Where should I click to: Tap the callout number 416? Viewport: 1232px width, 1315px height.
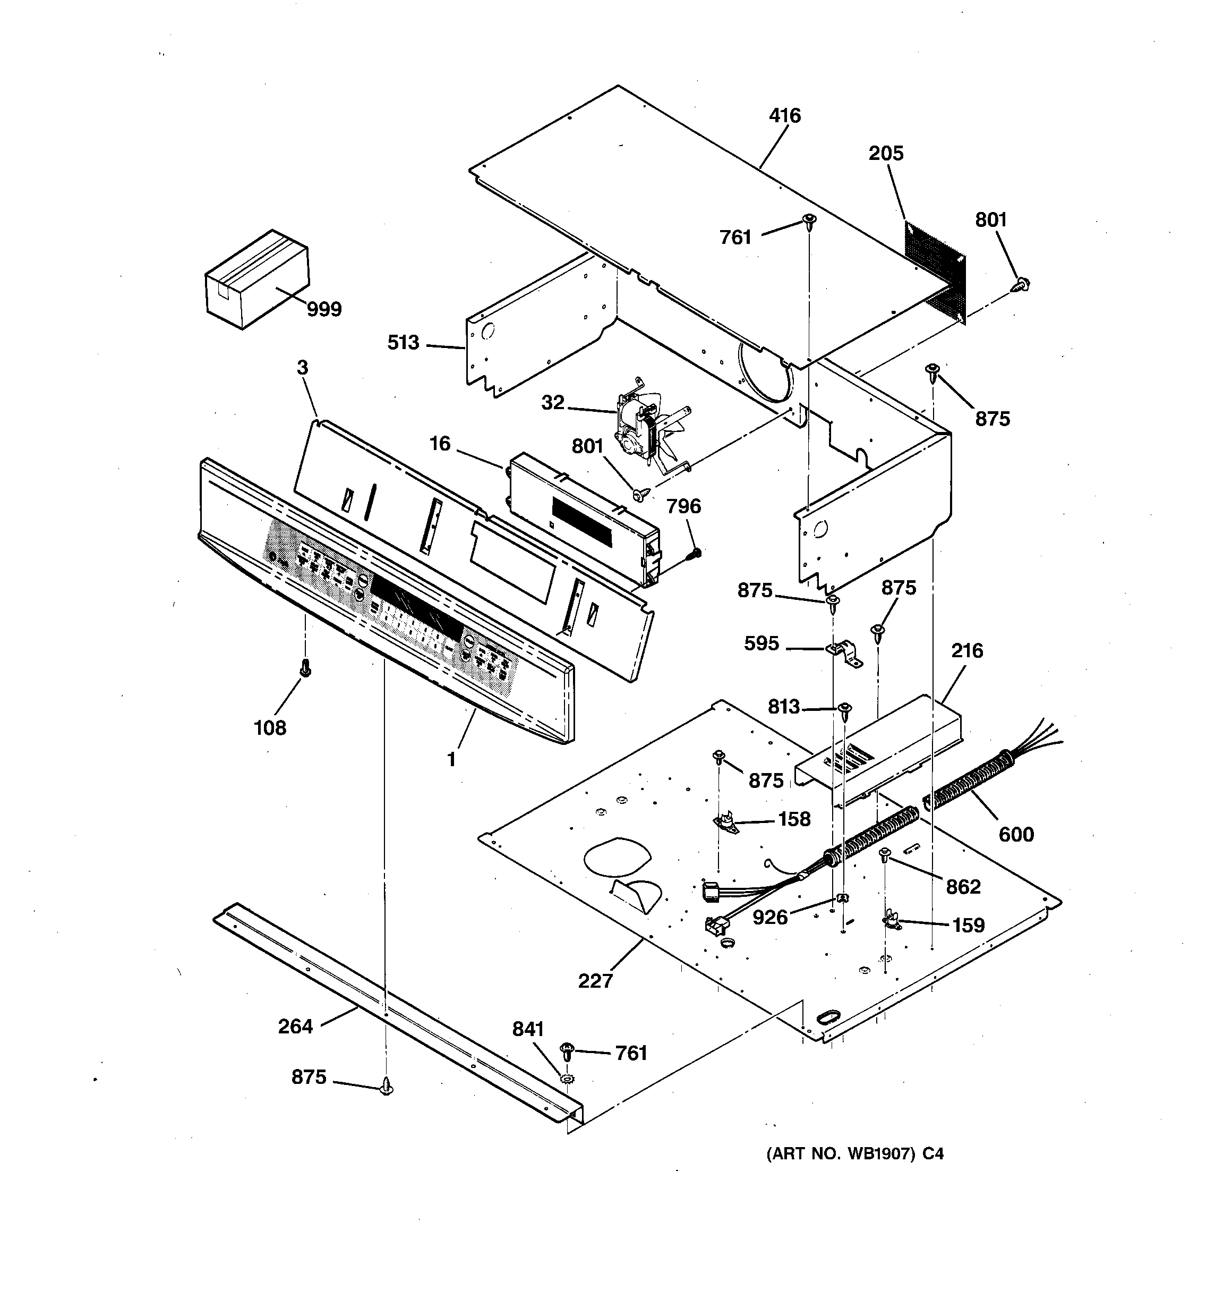pyautogui.click(x=785, y=116)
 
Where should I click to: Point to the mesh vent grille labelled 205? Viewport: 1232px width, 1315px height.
pyautogui.click(x=935, y=271)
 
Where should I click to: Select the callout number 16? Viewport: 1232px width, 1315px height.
pyautogui.click(x=440, y=443)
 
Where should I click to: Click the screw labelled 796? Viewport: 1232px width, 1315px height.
pyautogui.click(x=695, y=553)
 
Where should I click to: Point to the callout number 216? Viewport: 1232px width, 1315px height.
pyautogui.click(x=967, y=650)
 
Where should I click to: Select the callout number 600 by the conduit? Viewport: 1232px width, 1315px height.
pyautogui.click(x=1016, y=834)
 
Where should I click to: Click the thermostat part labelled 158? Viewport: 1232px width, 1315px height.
pyautogui.click(x=725, y=822)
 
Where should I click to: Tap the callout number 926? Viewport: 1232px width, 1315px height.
pyautogui.click(x=771, y=917)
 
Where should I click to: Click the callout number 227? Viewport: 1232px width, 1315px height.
pyautogui.click(x=595, y=980)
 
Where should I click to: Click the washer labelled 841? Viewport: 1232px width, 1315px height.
pyautogui.click(x=567, y=1079)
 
